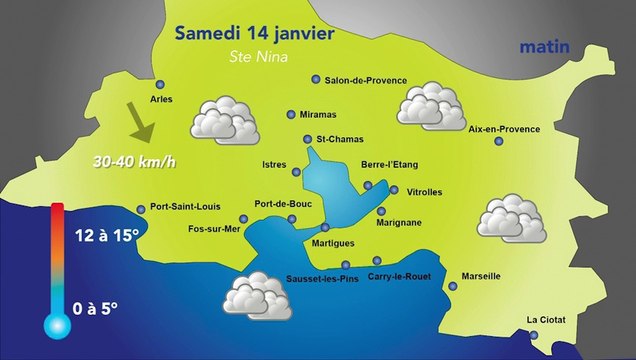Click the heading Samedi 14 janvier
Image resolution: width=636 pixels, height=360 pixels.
pyautogui.click(x=253, y=32)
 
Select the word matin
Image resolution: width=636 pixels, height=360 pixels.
pyautogui.click(x=545, y=47)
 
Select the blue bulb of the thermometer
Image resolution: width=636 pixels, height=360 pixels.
pyautogui.click(x=55, y=324)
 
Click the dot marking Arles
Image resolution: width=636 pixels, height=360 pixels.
pyautogui.click(x=160, y=85)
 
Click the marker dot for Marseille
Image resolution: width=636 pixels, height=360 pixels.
pyautogui.click(x=452, y=286)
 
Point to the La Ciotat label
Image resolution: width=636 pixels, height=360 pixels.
pyautogui.click(x=546, y=320)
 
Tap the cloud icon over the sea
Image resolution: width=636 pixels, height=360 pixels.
pyautogui.click(x=256, y=295)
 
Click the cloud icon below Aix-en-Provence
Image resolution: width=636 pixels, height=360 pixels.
pyautogui.click(x=510, y=216)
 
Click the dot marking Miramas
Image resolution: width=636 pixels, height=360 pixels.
pyautogui.click(x=291, y=115)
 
